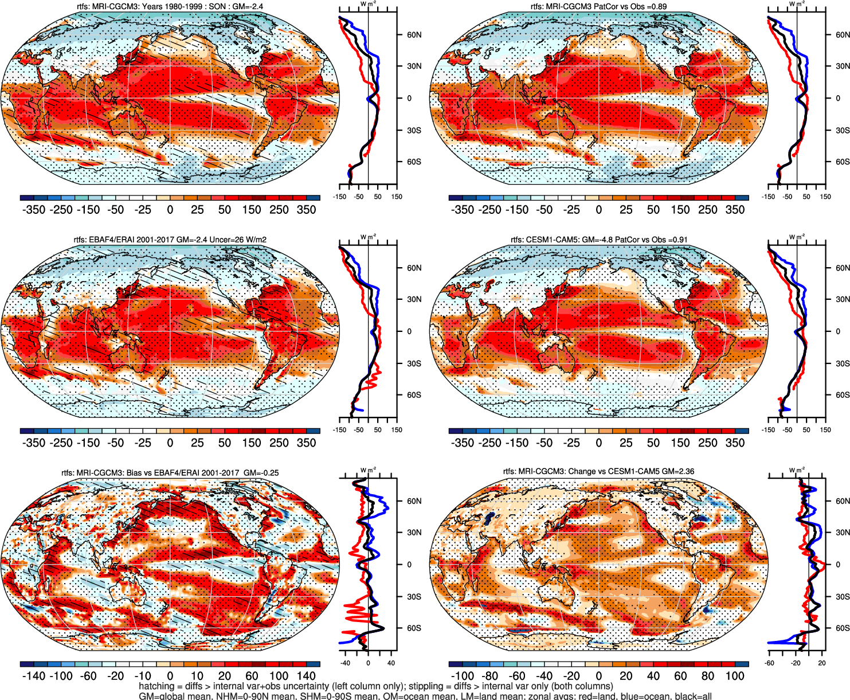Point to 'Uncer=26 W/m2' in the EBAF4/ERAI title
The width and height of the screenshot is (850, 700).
(x=240, y=240)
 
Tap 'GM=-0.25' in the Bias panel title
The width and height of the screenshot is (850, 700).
(x=261, y=473)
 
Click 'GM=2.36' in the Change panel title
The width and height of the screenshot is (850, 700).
(x=677, y=471)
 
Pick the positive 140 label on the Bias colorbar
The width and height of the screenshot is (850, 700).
(x=306, y=676)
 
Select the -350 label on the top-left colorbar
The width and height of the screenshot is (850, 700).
(x=33, y=210)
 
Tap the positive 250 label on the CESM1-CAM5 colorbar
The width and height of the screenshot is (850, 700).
(x=707, y=443)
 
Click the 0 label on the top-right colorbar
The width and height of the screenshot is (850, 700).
(x=599, y=210)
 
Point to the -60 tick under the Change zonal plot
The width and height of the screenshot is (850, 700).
(x=769, y=663)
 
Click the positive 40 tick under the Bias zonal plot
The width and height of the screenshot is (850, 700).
(x=391, y=663)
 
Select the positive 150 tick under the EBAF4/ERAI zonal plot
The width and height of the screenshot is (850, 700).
(x=397, y=430)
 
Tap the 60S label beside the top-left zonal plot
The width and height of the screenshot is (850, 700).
(x=414, y=162)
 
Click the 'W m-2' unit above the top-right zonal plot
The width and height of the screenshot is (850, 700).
(x=797, y=3)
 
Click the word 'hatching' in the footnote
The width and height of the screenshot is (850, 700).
(x=156, y=686)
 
